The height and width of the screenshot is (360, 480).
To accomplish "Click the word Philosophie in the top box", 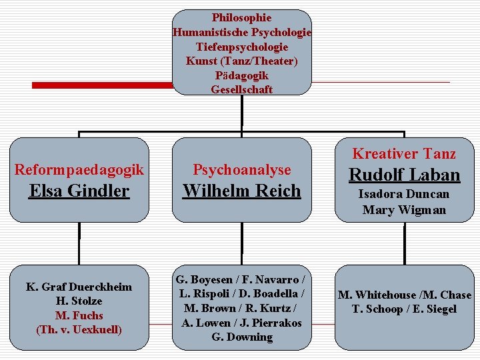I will [241, 18].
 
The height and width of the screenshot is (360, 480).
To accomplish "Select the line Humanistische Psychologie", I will [241, 32].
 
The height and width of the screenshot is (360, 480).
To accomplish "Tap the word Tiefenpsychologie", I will [241, 47].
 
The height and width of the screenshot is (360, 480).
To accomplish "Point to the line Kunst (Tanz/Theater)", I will [241, 61].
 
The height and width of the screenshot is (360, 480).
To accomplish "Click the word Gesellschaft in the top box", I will [241, 89].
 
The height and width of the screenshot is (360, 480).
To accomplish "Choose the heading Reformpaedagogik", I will [79, 170].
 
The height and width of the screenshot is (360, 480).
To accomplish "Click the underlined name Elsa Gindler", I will [79, 191].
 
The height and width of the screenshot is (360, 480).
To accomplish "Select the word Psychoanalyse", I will [242, 171].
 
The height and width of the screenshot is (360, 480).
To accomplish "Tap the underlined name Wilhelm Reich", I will [242, 191].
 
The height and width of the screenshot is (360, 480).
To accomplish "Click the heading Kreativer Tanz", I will [404, 154].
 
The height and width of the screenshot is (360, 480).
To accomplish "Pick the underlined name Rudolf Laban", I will [404, 175].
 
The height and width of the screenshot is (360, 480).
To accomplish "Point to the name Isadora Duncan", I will [404, 194].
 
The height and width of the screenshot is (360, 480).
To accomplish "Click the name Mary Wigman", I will [404, 210].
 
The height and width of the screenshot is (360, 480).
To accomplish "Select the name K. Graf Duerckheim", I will [79, 287].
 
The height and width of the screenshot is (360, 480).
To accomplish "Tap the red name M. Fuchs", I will [79, 315].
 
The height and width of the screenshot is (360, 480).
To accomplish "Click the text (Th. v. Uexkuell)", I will [79, 329].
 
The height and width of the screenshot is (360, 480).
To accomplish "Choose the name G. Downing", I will [242, 337].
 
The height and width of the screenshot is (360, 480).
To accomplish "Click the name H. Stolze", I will [79, 301].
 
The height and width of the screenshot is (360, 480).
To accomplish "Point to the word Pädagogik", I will [241, 75].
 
